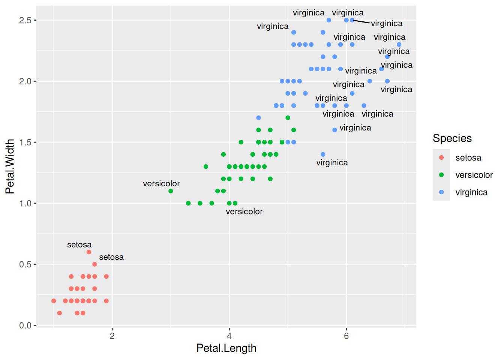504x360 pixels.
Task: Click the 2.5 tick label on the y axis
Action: coord(25,20)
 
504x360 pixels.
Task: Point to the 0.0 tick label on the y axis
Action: coord(25,325)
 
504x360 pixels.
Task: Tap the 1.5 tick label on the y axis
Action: coord(25,142)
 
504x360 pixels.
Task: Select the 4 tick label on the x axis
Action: coord(229,336)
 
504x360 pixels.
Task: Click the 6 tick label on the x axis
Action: coord(346,336)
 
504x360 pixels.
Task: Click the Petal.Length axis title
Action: coord(226,348)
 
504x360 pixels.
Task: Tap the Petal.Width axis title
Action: coord(10,166)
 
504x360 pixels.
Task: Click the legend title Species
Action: coord(452,138)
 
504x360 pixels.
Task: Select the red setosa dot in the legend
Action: coord(441,157)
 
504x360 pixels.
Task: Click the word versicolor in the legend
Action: coord(474,175)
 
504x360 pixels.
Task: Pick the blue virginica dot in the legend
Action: coord(441,192)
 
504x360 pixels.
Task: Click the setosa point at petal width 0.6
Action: coord(89,252)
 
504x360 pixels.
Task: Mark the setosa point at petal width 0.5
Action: coord(94,264)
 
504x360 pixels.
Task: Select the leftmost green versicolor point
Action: coord(171,191)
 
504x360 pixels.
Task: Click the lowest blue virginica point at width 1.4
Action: coord(323,154)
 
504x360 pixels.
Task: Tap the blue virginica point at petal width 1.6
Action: coord(334,130)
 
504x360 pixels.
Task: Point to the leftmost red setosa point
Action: coord(54,301)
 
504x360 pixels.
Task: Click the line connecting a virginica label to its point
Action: coord(361,22)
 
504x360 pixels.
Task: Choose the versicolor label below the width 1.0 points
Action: coord(244,211)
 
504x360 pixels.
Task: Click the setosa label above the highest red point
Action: coord(79,245)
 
